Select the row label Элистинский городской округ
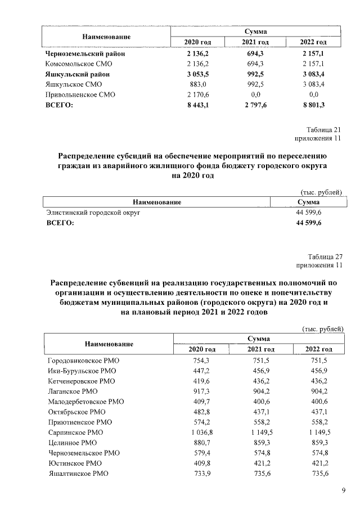point(92,214)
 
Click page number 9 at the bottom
point(343,490)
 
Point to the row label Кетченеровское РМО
point(83,381)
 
